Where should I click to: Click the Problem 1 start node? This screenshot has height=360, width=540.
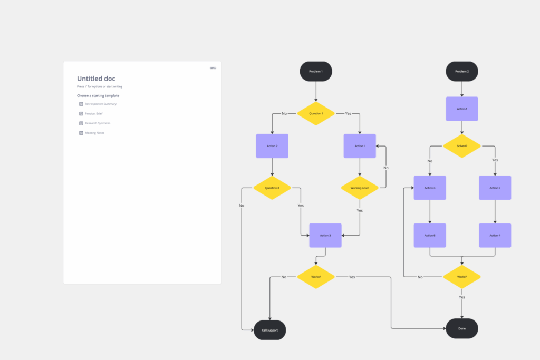point(316,71)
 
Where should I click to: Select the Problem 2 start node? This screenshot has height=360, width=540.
point(462,71)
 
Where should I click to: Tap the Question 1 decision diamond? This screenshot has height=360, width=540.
point(316,113)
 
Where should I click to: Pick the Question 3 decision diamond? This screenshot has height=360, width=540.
point(272,188)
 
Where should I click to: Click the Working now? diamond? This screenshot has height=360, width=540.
point(360,188)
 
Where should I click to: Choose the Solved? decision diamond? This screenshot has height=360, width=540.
point(462,145)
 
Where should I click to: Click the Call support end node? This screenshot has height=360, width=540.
point(269,330)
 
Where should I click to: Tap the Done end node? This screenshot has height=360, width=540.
point(462,328)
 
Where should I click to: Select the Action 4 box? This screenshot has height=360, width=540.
point(495,235)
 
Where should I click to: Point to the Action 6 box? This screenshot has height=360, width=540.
point(430,235)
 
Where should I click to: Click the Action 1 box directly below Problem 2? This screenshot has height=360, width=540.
point(462,109)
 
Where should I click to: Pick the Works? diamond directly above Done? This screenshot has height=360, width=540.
point(462,277)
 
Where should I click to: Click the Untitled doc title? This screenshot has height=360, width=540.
point(96,79)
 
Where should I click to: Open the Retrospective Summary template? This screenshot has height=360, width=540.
point(100,104)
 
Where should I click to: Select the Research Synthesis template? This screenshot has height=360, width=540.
point(98,123)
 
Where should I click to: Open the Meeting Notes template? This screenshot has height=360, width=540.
point(94,133)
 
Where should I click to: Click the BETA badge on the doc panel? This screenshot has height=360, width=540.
point(213,68)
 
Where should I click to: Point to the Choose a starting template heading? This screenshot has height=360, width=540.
point(98,95)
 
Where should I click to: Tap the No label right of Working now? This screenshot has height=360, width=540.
point(386,168)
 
